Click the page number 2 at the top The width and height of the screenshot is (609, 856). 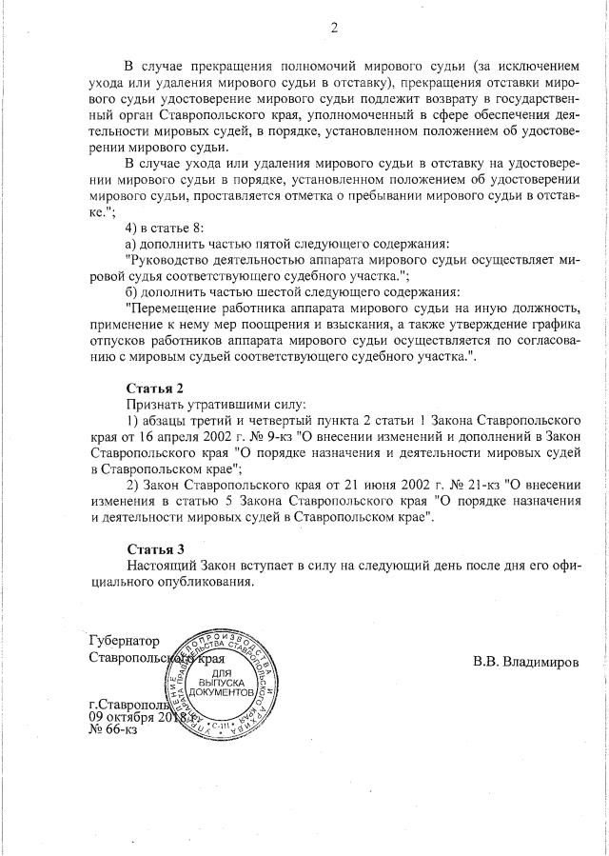[x=333, y=28]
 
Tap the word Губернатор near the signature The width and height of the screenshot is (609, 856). [x=124, y=641]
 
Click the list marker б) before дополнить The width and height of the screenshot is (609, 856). [x=133, y=291]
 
